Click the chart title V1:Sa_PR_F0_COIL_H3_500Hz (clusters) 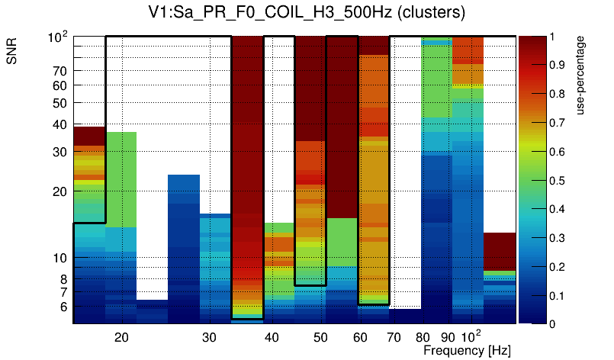pos(306,13)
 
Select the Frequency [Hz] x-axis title pos(467,350)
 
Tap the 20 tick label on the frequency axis pos(121,336)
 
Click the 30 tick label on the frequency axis pos(210,336)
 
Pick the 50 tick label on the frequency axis pos(320,336)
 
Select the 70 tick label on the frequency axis pos(394,336)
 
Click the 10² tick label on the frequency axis pos(473,336)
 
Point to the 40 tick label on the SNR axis pos(59,125)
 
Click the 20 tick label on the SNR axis pos(59,192)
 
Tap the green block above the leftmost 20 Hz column pos(121,179)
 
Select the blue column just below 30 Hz pos(184,244)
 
